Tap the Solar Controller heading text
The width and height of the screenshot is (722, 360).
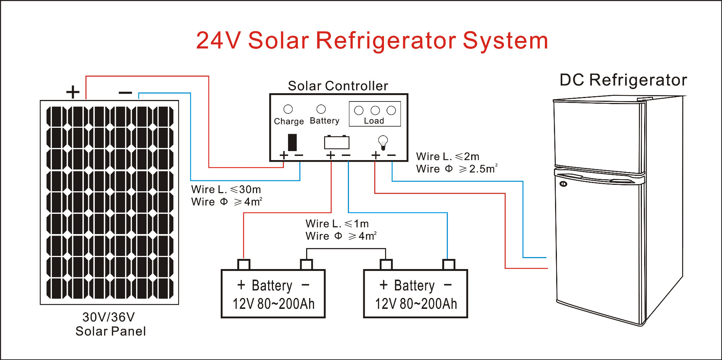pyautogui.click(x=338, y=86)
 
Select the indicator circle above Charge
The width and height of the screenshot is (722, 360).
pyautogui.click(x=288, y=109)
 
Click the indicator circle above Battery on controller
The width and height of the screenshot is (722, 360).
pyautogui.click(x=321, y=109)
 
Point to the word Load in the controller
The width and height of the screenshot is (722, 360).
pyautogui.click(x=374, y=121)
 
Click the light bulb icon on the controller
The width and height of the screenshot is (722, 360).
pyautogui.click(x=383, y=142)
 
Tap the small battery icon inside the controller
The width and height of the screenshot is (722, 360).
pyautogui.click(x=337, y=142)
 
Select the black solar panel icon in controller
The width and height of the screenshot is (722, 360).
pyautogui.click(x=292, y=142)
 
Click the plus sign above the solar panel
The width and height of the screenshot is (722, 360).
pyautogui.click(x=73, y=92)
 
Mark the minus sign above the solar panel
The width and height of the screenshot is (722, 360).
pyautogui.click(x=125, y=92)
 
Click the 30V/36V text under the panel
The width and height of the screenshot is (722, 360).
pyautogui.click(x=108, y=317)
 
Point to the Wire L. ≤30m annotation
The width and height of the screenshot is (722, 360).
pyautogui.click(x=226, y=189)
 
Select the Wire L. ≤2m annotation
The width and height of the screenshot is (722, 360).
pyautogui.click(x=447, y=156)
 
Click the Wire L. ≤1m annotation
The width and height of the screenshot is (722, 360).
pyautogui.click(x=337, y=224)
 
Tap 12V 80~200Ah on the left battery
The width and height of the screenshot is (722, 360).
pyautogui.click(x=273, y=304)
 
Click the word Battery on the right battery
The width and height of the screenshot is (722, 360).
pyautogui.click(x=414, y=286)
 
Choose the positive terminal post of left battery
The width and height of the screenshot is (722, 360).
pyautogui.click(x=244, y=264)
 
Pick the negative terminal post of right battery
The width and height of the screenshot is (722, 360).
pyautogui.click(x=449, y=264)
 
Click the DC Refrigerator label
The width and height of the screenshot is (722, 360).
pyautogui.click(x=623, y=80)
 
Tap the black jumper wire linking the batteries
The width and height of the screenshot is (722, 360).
pyautogui.click(x=346, y=249)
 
